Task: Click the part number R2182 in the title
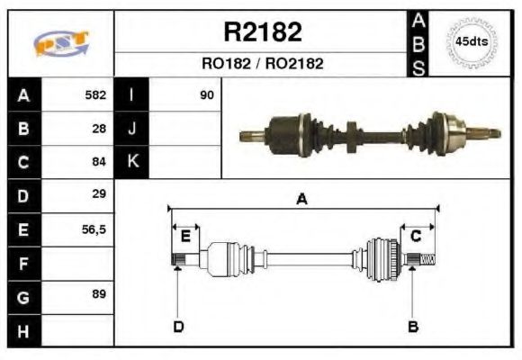pyautogui.click(x=262, y=32)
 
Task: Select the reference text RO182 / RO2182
pyautogui.click(x=262, y=64)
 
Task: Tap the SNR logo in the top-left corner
pyautogui.click(x=61, y=43)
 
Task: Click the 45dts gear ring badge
pyautogui.click(x=472, y=42)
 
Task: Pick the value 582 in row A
pyautogui.click(x=95, y=94)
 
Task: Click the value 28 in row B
pyautogui.click(x=100, y=129)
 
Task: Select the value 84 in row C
pyautogui.click(x=100, y=162)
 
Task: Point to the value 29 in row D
pyautogui.click(x=100, y=194)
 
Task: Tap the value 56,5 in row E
pyautogui.click(x=94, y=229)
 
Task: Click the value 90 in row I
pyautogui.click(x=207, y=94)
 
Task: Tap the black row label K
pyautogui.click(x=131, y=162)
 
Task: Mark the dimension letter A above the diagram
pyautogui.click(x=302, y=200)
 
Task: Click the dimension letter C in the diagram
pyautogui.click(x=416, y=237)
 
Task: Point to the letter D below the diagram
pyautogui.click(x=178, y=326)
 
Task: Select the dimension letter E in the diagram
pyautogui.click(x=185, y=237)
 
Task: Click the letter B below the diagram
pyautogui.click(x=413, y=326)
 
